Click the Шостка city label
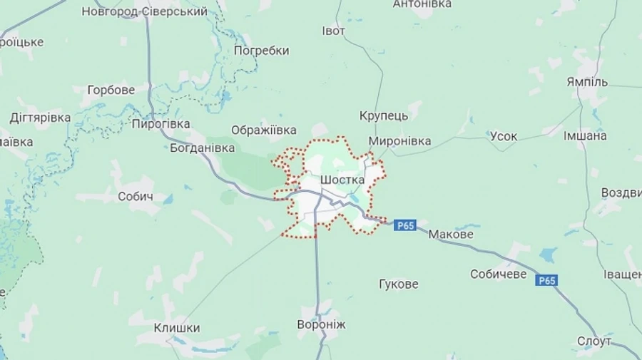point(342,180)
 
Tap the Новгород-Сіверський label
point(145,11)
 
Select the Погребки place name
point(261,51)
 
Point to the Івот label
point(333,31)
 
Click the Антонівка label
point(422,4)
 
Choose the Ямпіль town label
point(586,81)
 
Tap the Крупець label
point(384,115)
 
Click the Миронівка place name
point(399,141)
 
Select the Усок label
point(504,136)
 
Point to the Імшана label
point(585,135)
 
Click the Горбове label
point(111,91)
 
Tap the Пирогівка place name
point(160,124)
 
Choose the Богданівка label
point(203,148)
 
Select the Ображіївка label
point(263,130)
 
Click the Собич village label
point(136,197)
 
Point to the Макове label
point(451,234)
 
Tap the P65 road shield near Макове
point(404,225)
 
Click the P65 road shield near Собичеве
point(546,280)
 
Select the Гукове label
point(399,284)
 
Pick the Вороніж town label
point(321,325)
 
